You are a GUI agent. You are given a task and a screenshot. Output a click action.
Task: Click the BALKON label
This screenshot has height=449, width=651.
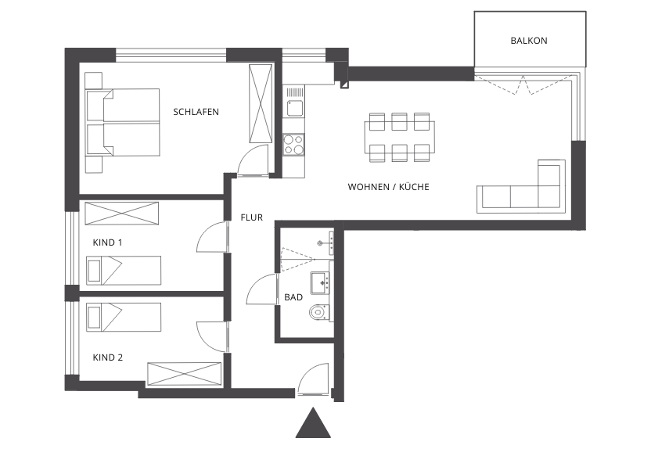528,41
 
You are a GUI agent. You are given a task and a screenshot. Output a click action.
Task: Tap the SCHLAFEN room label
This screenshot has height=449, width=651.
196,112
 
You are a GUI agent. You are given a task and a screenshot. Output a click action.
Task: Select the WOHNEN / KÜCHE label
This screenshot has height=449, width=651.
388,187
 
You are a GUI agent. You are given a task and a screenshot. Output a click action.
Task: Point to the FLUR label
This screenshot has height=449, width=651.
252,217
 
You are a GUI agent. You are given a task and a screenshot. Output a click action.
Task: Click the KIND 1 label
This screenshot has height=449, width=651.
107,242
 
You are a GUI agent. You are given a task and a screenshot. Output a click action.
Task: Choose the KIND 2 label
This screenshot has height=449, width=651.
107,357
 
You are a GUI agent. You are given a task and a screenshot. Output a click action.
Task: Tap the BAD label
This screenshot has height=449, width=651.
293,297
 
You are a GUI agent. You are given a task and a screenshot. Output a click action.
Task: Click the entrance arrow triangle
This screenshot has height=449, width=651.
313,423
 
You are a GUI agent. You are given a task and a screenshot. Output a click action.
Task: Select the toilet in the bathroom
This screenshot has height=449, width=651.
321,311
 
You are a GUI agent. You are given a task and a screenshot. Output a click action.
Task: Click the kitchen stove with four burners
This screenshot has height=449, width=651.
293,145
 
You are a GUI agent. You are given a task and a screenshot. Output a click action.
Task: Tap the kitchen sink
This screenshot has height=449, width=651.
293,102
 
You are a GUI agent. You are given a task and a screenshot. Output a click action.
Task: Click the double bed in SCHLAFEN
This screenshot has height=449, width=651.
123,122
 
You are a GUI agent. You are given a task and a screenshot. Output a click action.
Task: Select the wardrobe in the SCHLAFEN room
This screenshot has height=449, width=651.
261,103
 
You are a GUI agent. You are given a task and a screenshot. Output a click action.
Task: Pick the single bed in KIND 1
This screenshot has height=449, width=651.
124,271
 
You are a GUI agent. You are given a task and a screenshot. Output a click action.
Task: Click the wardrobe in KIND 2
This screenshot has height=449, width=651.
185,375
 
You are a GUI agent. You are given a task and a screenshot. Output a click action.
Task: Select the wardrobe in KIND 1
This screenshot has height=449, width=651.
121,214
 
